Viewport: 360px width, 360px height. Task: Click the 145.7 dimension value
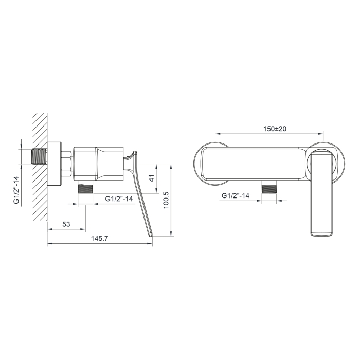click(99, 238)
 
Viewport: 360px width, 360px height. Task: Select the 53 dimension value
click(66, 224)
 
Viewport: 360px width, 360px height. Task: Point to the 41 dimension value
click(152, 178)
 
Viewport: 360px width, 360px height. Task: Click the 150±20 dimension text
click(275, 129)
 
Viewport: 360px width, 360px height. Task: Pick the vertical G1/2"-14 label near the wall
click(16, 190)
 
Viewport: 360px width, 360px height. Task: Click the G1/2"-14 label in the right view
click(236, 195)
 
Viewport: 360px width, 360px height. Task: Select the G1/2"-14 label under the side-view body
click(119, 199)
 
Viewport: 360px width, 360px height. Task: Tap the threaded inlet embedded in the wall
click(39, 156)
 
